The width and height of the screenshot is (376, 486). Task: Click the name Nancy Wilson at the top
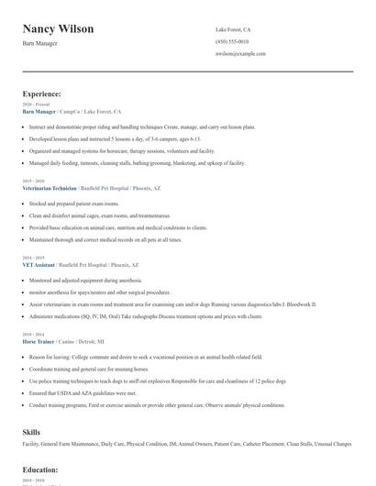pos(58,29)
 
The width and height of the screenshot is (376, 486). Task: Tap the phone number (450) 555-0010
pos(232,42)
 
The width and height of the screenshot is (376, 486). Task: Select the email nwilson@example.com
pos(241,54)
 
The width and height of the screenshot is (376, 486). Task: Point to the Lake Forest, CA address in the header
pos(234,29)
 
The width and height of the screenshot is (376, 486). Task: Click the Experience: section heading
pos(42,94)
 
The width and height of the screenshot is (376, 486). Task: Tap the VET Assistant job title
pos(39,263)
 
